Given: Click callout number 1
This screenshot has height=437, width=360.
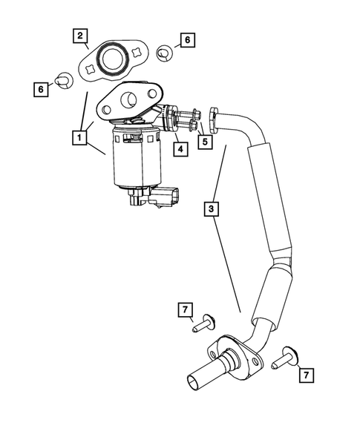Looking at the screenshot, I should [x=77, y=137].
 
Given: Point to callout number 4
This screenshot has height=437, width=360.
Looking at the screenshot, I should [x=180, y=148].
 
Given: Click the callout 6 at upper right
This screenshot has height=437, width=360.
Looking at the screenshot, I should [x=187, y=40].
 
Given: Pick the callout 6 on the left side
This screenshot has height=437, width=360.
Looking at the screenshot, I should [x=42, y=88].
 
